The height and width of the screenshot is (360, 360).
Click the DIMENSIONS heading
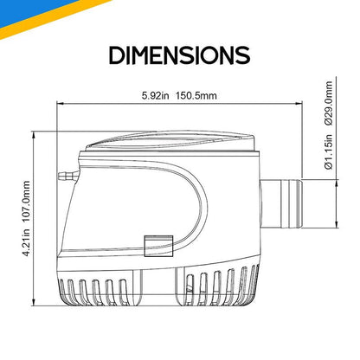point(179,55)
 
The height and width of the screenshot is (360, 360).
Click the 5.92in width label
point(155,95)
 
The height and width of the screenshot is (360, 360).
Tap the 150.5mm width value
point(196,95)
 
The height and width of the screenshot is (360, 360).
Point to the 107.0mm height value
point(26,202)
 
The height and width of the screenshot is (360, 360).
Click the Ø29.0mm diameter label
point(329,103)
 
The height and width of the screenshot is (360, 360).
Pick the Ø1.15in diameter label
point(329,151)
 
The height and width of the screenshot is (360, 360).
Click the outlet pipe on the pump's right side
point(281,203)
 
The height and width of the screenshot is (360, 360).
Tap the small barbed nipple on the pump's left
point(68,176)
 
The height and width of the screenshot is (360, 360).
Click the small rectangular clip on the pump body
point(158,246)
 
